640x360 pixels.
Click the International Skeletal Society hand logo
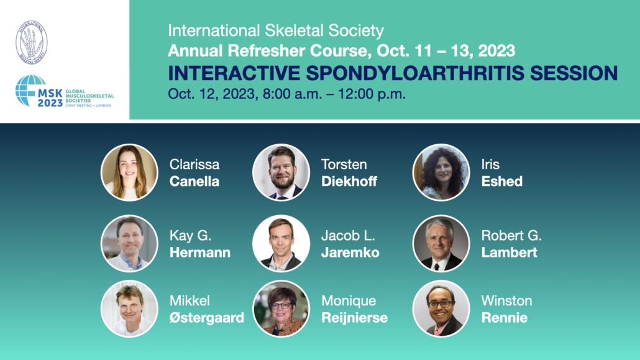pos(32,42)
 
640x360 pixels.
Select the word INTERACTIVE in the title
pos(234,73)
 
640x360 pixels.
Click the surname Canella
pos(194,181)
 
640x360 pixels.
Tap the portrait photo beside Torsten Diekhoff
pos(281,172)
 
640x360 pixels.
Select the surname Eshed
pos(502,181)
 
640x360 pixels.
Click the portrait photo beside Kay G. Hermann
pos(129,244)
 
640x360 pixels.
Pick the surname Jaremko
pos(350,252)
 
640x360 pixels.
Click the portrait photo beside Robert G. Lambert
pos(441,244)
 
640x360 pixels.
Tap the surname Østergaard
pos(207,318)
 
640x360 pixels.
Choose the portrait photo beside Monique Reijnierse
pos(281,308)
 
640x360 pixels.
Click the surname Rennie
pos(505,318)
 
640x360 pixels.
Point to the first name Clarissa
pos(194,164)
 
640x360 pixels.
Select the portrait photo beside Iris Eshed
pos(441,172)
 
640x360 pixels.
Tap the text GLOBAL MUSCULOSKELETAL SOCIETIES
pos(89,96)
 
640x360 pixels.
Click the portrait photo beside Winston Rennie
pos(441,308)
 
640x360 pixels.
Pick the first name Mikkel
pos(190,301)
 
